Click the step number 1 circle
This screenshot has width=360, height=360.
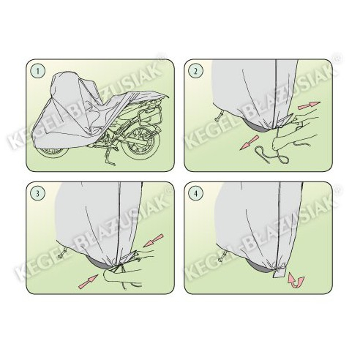(x=38, y=71)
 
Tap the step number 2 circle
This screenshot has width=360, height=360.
(x=195, y=71)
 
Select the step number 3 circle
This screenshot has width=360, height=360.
(x=38, y=194)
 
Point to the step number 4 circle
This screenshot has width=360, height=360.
(x=195, y=194)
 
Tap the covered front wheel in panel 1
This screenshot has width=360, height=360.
(x=53, y=151)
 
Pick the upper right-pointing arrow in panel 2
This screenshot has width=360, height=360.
(x=309, y=105)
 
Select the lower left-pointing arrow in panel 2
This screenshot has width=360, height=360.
(x=249, y=143)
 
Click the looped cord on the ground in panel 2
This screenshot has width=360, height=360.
(x=271, y=155)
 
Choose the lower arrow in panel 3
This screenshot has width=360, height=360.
(x=88, y=281)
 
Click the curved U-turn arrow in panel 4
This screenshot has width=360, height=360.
(x=296, y=281)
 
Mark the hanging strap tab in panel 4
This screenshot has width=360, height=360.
(x=278, y=273)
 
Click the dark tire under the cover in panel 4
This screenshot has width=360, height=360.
(x=258, y=266)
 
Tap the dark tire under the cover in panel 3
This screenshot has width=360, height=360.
(x=100, y=264)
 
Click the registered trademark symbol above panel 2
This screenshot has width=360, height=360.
(x=338, y=58)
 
